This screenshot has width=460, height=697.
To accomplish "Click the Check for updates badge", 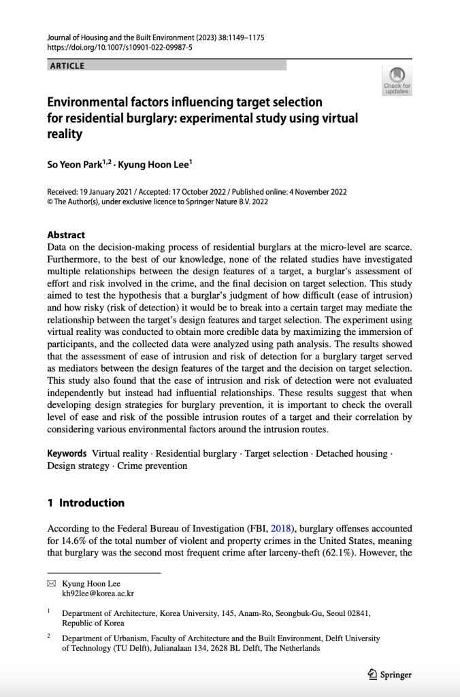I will tap(397, 80).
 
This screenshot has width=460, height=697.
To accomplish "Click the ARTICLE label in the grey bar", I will tap(67, 66).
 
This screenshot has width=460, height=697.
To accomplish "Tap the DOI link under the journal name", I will tap(120, 48).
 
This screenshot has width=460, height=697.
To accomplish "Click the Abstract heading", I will tap(66, 234).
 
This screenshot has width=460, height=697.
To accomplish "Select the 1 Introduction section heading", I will tap(86, 503).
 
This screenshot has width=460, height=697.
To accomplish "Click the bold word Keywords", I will tap(67, 453).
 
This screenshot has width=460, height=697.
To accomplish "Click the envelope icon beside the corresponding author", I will tap(51, 583).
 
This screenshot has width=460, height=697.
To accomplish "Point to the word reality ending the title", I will tap(65, 134).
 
